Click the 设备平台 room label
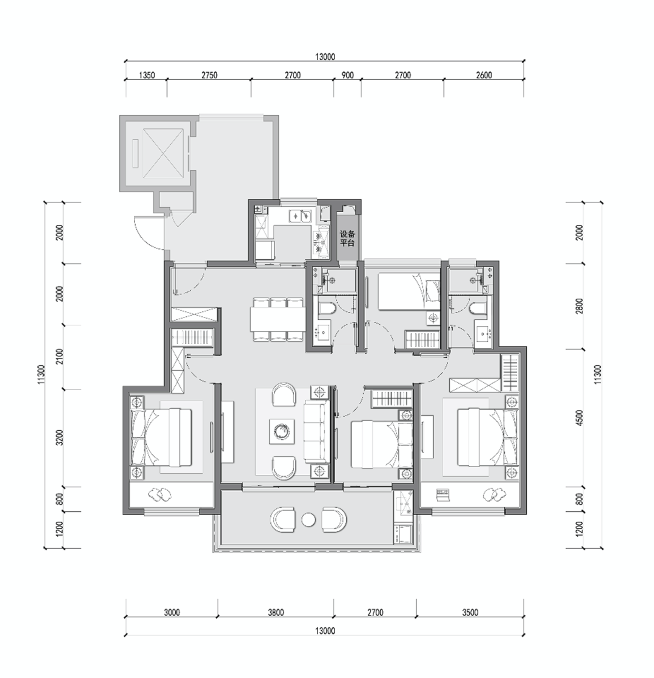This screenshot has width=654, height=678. pyautogui.click(x=347, y=238)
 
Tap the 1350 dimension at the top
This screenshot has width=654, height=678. pyautogui.click(x=147, y=75)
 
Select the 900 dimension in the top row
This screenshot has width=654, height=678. pyautogui.click(x=347, y=75)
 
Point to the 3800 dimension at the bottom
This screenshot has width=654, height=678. pyautogui.click(x=276, y=613)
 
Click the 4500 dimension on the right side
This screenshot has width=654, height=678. pyautogui.click(x=580, y=417)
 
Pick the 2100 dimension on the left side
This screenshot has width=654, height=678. pyautogui.click(x=59, y=356)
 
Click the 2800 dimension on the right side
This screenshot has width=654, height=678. pyautogui.click(x=580, y=306)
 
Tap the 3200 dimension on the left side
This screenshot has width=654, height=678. pyautogui.click(x=59, y=437)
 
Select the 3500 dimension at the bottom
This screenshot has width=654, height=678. pyautogui.click(x=470, y=613)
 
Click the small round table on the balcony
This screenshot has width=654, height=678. pyautogui.click(x=309, y=519)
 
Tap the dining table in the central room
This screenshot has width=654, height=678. pyautogui.click(x=277, y=319)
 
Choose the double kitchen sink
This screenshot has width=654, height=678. pyautogui.click(x=300, y=215)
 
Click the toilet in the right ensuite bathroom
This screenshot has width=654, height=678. pyautogui.click(x=478, y=309)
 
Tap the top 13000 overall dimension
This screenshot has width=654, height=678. pyautogui.click(x=325, y=56)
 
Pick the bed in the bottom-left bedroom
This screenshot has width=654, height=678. pyautogui.click(x=161, y=437)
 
